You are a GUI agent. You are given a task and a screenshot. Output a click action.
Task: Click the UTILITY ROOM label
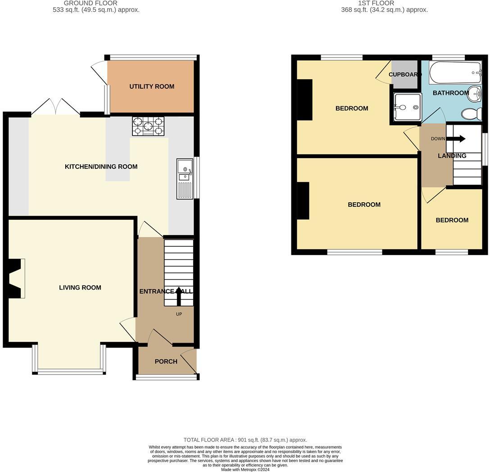152,86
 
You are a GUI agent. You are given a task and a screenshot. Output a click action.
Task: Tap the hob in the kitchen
148,126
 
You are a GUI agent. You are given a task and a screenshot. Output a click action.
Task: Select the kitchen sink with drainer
185,179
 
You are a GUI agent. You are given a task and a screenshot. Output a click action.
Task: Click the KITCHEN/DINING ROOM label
101,167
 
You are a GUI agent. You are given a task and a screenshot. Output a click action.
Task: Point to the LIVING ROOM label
80,288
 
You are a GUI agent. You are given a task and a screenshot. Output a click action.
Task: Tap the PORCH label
166,362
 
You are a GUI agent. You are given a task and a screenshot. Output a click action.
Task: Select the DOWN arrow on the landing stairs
458,139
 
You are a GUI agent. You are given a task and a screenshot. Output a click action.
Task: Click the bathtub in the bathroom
455,73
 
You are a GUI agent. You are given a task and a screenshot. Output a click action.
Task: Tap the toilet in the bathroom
471,113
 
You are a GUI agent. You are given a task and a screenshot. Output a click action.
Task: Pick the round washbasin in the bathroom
474,93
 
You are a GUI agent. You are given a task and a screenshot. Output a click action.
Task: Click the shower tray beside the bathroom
407,107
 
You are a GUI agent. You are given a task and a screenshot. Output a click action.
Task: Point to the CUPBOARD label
405,74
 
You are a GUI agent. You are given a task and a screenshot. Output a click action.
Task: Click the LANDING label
452,156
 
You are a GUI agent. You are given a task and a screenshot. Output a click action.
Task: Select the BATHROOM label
451,93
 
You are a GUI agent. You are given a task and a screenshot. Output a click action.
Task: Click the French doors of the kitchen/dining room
56,107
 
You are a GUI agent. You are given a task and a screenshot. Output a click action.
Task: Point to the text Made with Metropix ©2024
245,469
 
